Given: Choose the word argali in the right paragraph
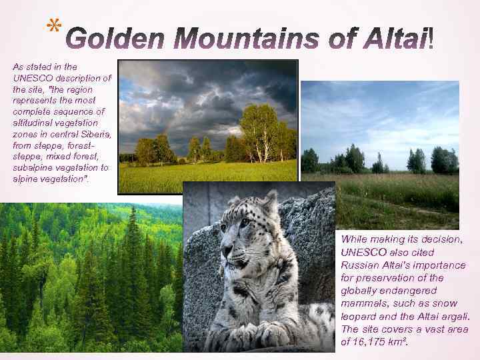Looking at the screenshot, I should click(x=455, y=317).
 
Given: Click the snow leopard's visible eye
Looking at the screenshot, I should click(x=245, y=222).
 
